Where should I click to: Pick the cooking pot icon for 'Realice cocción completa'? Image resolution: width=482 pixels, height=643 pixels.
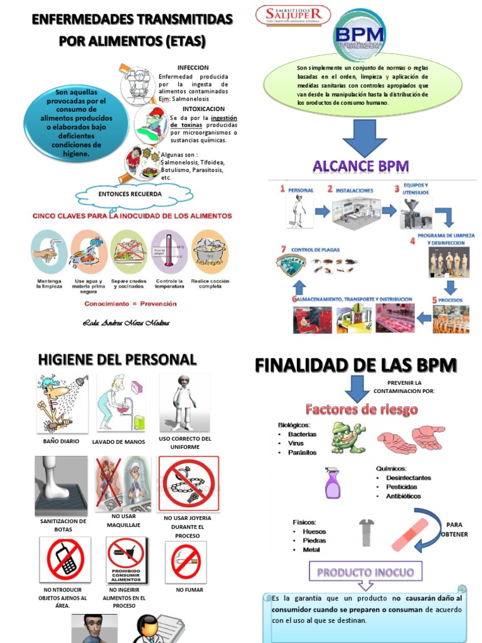209,251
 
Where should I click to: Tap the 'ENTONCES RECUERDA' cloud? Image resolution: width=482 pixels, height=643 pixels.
130,194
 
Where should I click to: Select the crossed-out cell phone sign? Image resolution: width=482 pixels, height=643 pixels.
65,559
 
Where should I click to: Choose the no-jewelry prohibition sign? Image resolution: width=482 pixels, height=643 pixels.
188,483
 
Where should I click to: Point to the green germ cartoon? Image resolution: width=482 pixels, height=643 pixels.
347,438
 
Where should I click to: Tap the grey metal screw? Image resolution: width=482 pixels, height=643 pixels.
366,532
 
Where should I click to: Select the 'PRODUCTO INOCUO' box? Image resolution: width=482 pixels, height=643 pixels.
366,572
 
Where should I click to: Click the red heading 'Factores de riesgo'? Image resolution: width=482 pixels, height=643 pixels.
361,410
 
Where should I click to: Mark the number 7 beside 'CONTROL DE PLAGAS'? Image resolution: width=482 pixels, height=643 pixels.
283,249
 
